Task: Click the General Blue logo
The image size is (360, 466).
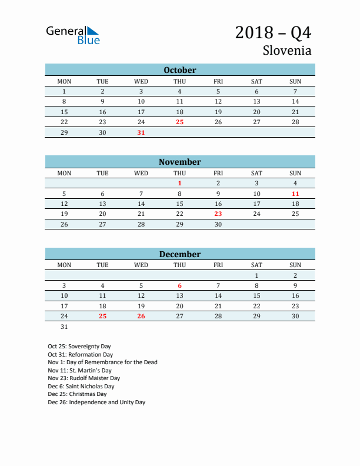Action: pos(73,35)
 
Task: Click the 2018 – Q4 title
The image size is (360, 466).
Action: pos(273,32)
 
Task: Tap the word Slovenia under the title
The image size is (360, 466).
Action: pos(287,50)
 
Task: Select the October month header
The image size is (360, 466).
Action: pos(180,70)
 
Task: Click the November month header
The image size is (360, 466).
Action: pos(180,162)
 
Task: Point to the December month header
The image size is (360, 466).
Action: pos(180,254)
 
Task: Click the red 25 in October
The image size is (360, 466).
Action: pos(179,122)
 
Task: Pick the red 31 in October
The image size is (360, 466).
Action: pos(141,132)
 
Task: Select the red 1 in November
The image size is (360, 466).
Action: pos(179,183)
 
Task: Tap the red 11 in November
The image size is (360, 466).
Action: pos(295,194)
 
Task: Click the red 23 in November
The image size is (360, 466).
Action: pos(218,214)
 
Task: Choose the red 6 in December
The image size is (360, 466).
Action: pos(179,285)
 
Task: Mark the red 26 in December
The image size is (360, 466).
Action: pos(141,316)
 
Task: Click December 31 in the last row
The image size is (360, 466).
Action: pos(64,327)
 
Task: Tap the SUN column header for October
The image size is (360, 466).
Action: pos(295,81)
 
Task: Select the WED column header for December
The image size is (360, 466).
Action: pos(141,265)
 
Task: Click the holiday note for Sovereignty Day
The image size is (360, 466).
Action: pos(79,347)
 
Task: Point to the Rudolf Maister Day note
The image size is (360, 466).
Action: pos(84,378)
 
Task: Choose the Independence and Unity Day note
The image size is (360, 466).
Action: pos(96,402)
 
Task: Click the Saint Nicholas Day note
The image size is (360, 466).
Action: pos(81,387)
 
